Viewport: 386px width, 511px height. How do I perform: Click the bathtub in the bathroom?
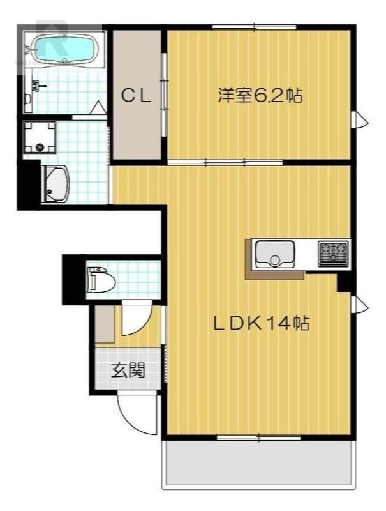tap(63, 47)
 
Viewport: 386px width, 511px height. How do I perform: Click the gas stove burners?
tap(333, 254)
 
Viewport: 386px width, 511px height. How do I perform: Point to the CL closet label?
tap(136, 96)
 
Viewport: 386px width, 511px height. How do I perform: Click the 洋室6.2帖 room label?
tap(260, 96)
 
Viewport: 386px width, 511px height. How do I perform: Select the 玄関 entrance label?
tap(127, 370)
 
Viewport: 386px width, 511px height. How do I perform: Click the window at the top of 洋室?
tap(254, 27)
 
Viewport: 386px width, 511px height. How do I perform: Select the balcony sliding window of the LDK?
tap(258, 438)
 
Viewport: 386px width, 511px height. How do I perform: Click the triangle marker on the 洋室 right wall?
tap(361, 119)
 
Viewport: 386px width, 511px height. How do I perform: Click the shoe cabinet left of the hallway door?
tap(105, 326)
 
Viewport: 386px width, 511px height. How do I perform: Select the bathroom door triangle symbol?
tap(98, 108)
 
